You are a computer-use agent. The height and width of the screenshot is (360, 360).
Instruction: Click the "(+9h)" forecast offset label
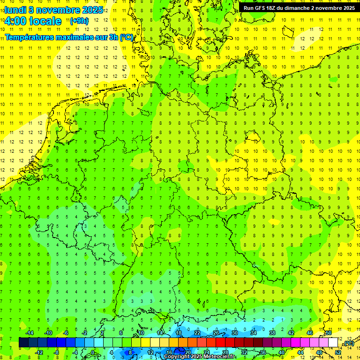pos(79,21)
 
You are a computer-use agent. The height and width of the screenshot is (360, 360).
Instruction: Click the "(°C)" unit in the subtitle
pos(126,37)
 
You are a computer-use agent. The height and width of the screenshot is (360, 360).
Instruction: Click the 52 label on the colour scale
pos(337,352)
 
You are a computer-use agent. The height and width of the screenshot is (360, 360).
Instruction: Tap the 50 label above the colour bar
pos(328,333)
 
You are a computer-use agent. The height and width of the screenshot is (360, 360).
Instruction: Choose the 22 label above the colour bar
pos(197,333)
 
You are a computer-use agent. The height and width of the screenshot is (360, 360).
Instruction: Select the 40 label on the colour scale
pos(281,352)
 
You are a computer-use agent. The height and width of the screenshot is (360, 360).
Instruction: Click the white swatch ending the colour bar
pos(333,342)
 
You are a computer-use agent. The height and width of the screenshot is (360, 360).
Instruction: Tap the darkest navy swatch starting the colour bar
pos(23,342)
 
